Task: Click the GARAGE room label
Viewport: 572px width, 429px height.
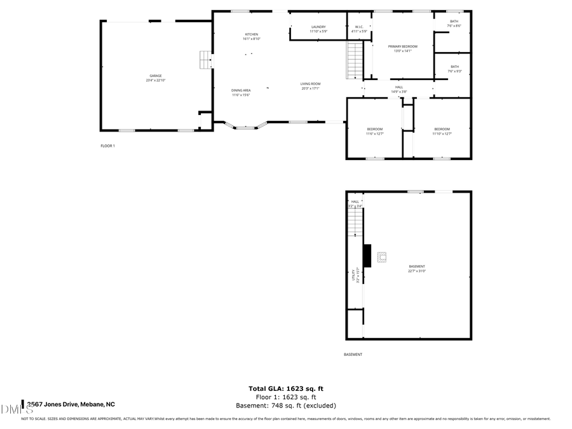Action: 156,76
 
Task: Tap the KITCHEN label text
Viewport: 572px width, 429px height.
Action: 252,34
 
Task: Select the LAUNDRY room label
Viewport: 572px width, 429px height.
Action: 318,27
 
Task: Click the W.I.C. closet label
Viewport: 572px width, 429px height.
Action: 359,27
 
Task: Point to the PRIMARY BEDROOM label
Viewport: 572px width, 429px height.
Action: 403,46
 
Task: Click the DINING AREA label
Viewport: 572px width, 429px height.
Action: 241,90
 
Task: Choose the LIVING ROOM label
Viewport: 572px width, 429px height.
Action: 311,84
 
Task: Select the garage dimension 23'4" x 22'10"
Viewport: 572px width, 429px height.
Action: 156,81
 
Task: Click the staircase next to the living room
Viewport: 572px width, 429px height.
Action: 354,60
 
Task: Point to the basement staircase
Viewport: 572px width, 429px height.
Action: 354,222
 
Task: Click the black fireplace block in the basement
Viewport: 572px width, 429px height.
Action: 367,255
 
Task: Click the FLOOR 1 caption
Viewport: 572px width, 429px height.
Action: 107,146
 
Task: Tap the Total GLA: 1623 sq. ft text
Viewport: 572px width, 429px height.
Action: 286,388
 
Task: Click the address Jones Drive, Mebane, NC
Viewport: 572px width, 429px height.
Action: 71,404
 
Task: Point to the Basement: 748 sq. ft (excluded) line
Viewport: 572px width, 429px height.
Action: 286,405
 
